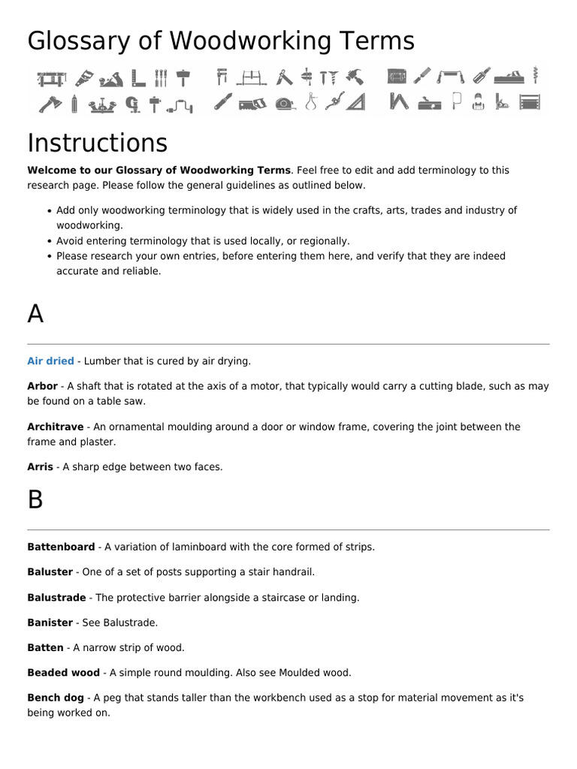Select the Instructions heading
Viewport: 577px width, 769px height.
[98, 143]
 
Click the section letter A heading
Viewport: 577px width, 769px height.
[35, 315]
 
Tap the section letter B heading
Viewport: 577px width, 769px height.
[35, 500]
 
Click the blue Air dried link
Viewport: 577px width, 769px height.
[50, 361]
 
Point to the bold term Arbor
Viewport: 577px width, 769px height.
[42, 386]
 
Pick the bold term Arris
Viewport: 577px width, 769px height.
[40, 466]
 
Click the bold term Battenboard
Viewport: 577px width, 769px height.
[61, 547]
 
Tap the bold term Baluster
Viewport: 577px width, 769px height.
[50, 571]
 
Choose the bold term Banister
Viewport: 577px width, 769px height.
[50, 623]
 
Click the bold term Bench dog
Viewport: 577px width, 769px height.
[56, 698]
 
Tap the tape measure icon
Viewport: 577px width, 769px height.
[284, 103]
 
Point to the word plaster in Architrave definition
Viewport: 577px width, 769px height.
[99, 442]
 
